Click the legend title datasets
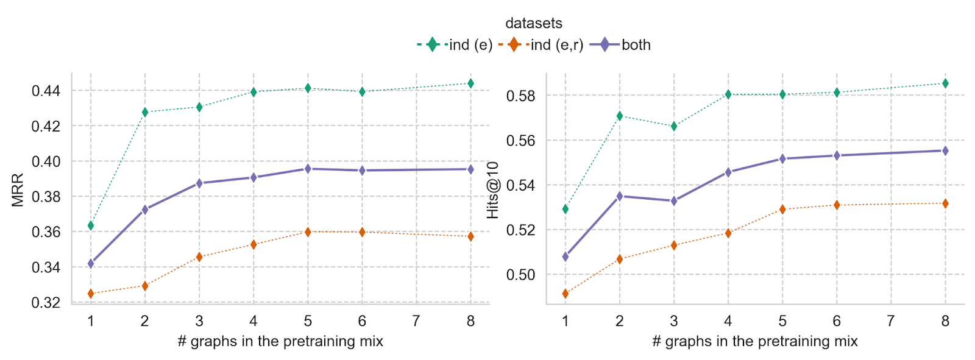click(534, 23)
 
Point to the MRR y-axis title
click(18, 190)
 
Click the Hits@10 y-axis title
click(493, 190)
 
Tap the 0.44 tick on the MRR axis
click(46, 91)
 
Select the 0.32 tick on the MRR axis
click(46, 303)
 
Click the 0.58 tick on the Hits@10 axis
click(521, 96)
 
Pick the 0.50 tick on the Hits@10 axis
click(521, 275)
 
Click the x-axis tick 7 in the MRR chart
click(416, 321)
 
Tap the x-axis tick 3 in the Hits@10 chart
click(673, 321)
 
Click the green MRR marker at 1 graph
click(91, 226)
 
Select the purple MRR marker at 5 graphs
click(308, 169)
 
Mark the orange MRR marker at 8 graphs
click(470, 236)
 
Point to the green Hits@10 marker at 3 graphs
click(674, 126)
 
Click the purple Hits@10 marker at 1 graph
click(565, 257)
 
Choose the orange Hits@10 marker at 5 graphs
click(782, 210)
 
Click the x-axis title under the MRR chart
click(280, 341)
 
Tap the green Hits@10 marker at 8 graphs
click(945, 83)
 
